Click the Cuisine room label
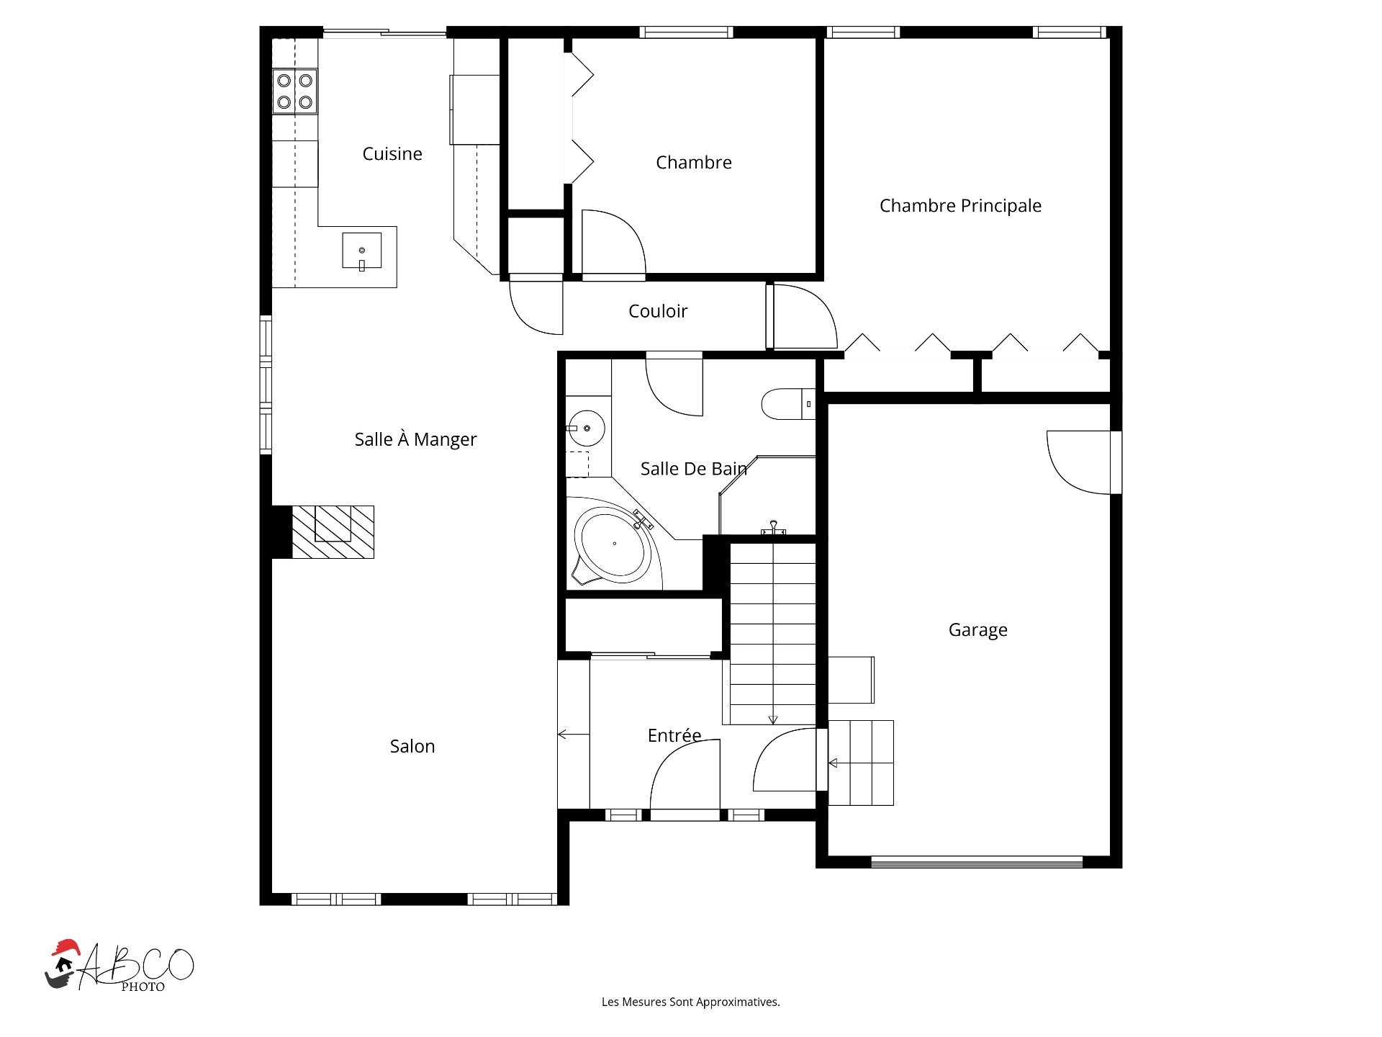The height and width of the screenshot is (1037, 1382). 392,153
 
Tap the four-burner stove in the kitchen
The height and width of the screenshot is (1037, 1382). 295,91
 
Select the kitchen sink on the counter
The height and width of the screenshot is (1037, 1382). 361,251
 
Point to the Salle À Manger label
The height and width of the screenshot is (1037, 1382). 415,439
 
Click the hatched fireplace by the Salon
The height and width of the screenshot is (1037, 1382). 333,532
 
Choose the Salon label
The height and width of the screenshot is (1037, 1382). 412,746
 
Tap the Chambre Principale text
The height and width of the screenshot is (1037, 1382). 960,206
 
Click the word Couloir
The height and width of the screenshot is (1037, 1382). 658,311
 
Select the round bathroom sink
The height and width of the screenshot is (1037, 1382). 586,428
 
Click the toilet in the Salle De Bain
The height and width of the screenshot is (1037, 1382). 788,404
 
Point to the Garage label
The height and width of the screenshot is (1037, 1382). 977,630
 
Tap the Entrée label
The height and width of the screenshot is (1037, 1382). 674,735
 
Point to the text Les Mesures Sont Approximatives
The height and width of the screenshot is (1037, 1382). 691,1002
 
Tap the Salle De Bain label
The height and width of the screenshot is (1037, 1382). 694,469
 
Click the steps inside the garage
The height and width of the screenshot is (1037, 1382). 861,763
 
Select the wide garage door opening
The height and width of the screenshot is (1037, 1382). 977,862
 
